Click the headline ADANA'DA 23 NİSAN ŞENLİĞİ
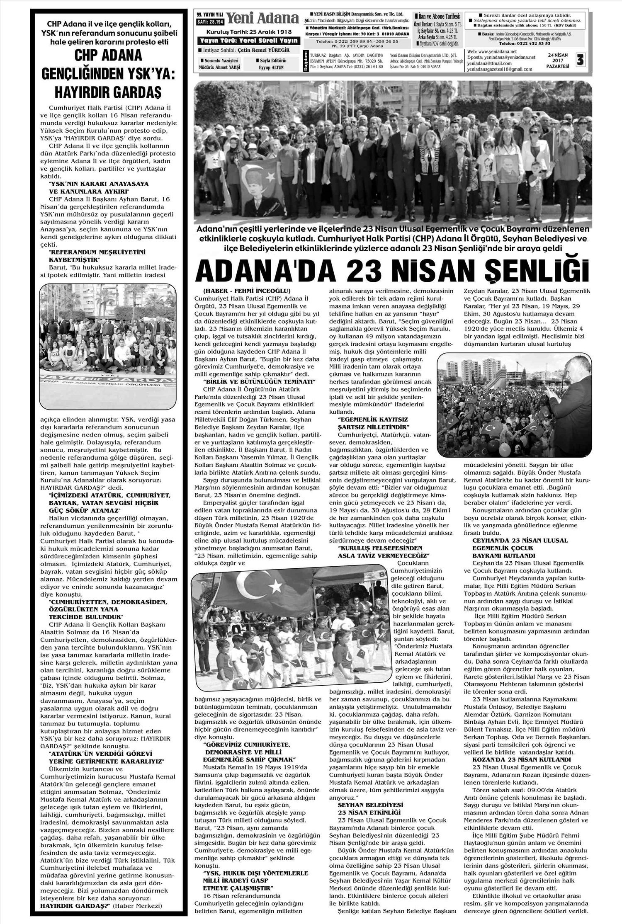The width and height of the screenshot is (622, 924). pyautogui.click(x=393, y=270)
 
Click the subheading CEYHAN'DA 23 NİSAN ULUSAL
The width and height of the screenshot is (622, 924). pyautogui.click(x=520, y=541)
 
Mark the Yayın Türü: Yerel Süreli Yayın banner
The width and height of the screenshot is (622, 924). pyautogui.click(x=248, y=40)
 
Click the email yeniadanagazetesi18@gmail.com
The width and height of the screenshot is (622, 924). pyautogui.click(x=499, y=69)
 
